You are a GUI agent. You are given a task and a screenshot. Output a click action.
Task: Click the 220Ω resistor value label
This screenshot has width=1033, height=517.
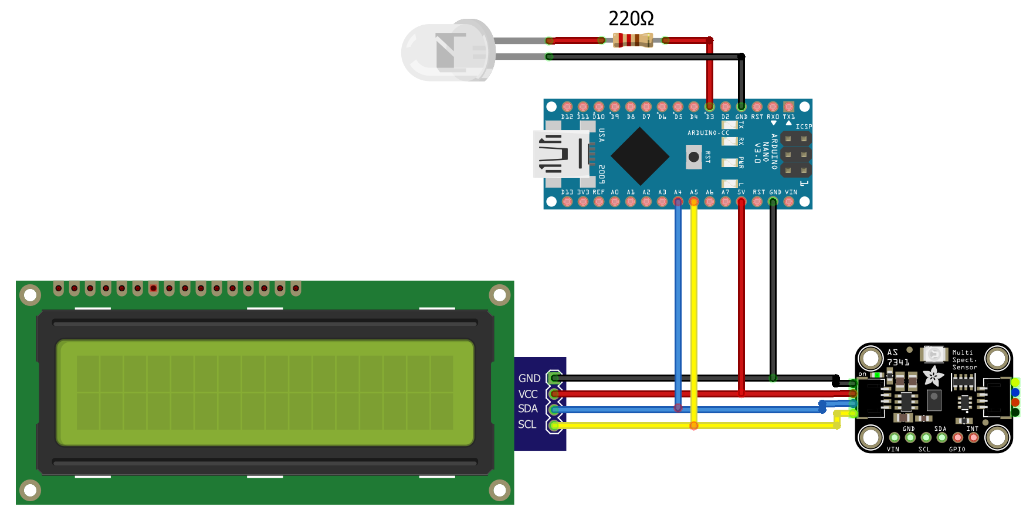pos(631,19)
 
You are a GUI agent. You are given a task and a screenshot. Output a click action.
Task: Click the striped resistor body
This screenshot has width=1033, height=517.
pos(632,40)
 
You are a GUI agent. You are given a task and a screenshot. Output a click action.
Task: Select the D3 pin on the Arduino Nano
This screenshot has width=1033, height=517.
pos(710,107)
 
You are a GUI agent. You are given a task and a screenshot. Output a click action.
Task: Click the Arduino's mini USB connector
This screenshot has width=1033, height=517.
pos(561,155)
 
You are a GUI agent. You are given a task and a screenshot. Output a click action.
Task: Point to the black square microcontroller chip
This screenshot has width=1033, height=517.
pos(640,156)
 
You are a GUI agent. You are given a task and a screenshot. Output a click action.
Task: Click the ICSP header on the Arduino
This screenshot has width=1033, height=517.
pos(796,155)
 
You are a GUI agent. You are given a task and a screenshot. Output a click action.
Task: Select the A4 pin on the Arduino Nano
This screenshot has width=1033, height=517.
pos(678,202)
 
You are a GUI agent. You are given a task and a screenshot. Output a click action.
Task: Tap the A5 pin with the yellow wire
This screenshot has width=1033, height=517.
pos(694,202)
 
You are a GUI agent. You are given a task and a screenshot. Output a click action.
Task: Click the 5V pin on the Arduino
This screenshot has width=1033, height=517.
pos(741,202)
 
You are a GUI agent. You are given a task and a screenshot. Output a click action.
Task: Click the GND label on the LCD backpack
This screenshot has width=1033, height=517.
pos(529,379)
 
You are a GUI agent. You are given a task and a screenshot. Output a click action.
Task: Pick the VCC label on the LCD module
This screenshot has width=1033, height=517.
pos(528,394)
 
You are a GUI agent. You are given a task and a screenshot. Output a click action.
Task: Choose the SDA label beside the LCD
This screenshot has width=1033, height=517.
pos(528,409)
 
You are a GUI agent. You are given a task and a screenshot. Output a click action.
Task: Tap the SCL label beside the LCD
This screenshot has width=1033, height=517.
pos(527,424)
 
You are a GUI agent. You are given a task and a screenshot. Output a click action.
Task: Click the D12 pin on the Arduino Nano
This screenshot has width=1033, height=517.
pos(567,107)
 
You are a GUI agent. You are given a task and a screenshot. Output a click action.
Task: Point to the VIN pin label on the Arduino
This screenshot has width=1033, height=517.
pos(791,192)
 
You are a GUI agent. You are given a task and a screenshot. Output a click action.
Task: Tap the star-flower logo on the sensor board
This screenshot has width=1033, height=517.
pos(933,375)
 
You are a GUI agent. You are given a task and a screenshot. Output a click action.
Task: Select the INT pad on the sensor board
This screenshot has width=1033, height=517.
pos(973,437)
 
